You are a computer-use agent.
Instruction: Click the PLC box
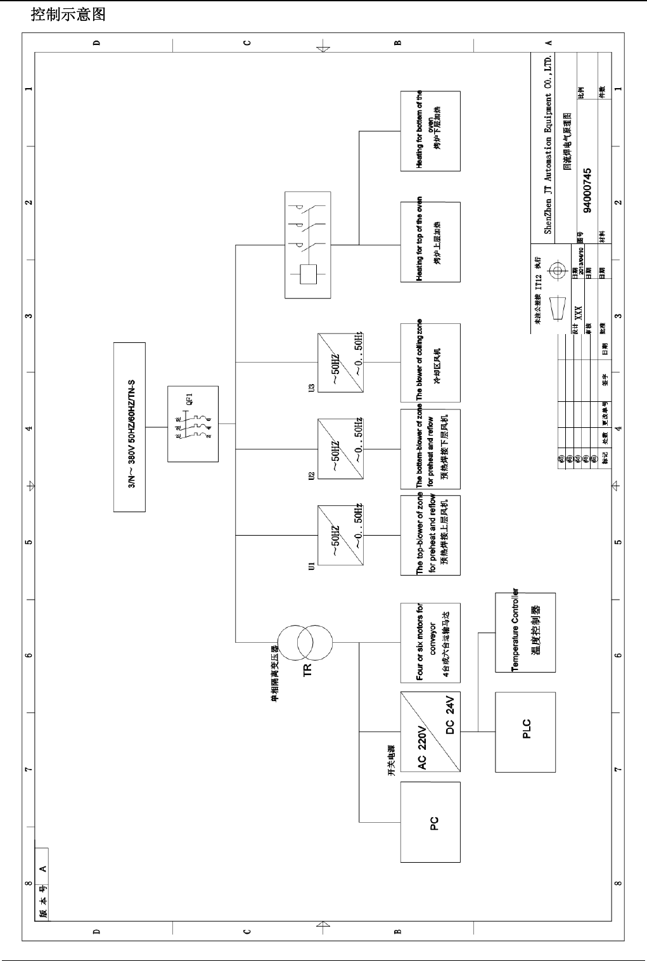(525, 732)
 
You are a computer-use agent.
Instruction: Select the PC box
(430, 822)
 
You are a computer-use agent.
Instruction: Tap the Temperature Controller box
(525, 632)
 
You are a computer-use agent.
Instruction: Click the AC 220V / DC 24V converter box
(430, 732)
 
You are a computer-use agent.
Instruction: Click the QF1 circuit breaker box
(193, 423)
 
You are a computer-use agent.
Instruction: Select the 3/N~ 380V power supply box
(129, 427)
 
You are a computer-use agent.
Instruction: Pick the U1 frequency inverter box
(340, 534)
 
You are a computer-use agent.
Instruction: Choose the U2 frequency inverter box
(340, 449)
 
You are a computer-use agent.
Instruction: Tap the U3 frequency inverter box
(340, 363)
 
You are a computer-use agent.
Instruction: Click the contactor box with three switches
(307, 245)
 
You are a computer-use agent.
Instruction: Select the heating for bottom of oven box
(430, 131)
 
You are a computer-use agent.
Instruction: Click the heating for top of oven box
(430, 242)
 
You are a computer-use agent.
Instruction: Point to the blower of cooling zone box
(430, 363)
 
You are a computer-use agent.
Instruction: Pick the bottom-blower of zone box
(430, 449)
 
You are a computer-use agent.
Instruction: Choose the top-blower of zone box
(430, 535)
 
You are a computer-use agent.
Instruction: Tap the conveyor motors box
(430, 642)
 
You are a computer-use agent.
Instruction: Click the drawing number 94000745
(587, 190)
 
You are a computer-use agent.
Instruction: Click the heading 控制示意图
(68, 15)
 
